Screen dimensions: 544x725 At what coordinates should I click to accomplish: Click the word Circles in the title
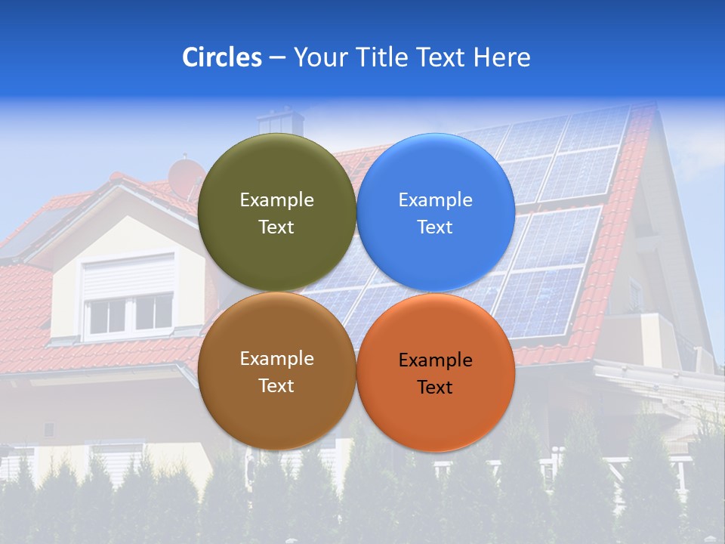point(222,57)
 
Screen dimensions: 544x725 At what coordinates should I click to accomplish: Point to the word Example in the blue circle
point(435,200)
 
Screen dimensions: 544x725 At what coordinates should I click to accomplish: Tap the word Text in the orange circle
point(435,387)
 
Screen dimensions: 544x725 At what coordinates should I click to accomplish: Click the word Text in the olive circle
point(276,227)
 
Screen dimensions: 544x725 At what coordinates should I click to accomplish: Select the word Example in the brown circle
point(276,359)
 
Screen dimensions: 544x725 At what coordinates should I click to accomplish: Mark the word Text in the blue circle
point(435,227)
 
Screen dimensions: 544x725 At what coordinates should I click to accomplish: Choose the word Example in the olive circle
point(276,200)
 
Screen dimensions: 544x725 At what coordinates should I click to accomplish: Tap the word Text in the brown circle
point(276,385)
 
